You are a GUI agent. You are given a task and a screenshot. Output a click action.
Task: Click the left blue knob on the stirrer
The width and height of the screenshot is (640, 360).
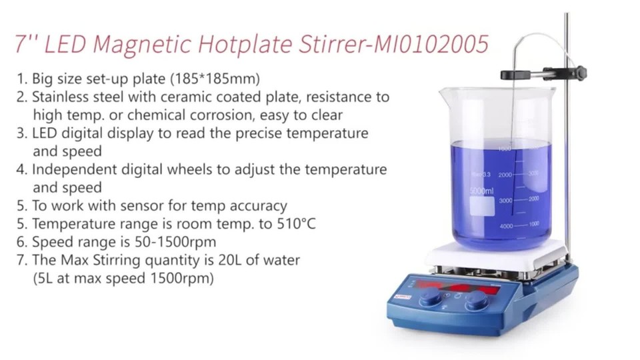(x=430, y=298)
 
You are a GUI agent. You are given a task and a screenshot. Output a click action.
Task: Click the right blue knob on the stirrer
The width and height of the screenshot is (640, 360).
(x=476, y=301)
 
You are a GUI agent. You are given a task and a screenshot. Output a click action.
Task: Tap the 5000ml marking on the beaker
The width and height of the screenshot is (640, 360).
(x=481, y=191)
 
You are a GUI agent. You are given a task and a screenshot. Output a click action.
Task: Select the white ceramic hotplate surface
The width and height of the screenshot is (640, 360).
(x=496, y=253)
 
